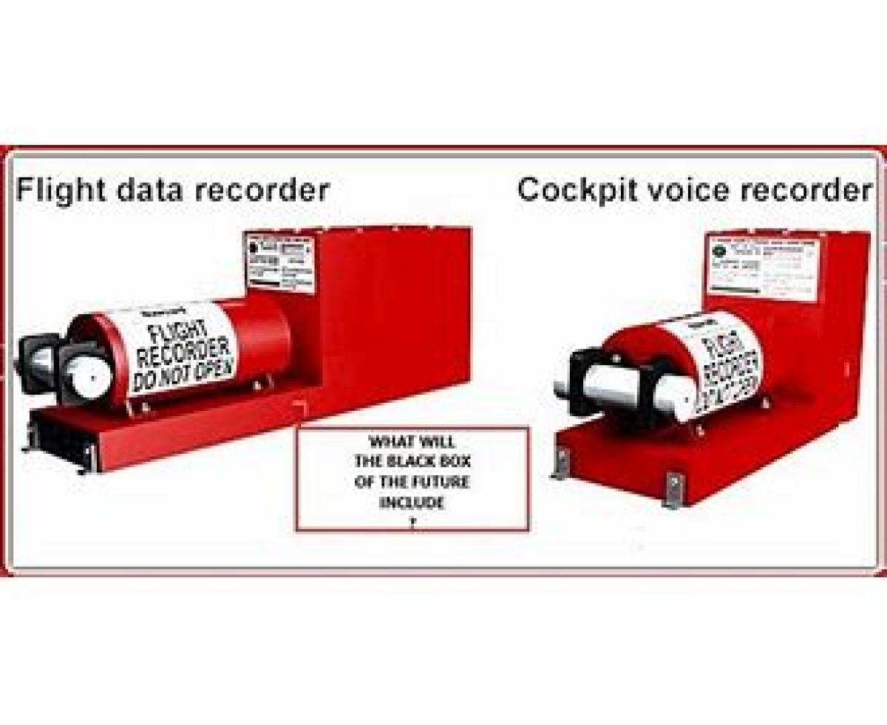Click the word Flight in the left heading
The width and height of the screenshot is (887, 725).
pos(58,190)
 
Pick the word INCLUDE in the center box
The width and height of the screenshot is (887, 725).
pos(412,503)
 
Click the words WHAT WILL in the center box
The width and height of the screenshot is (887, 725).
pos(412,442)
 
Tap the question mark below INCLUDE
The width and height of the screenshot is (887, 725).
pos(413,521)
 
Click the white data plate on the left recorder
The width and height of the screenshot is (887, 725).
pos(279,263)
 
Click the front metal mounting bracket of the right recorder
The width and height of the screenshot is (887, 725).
pos(673,490)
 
